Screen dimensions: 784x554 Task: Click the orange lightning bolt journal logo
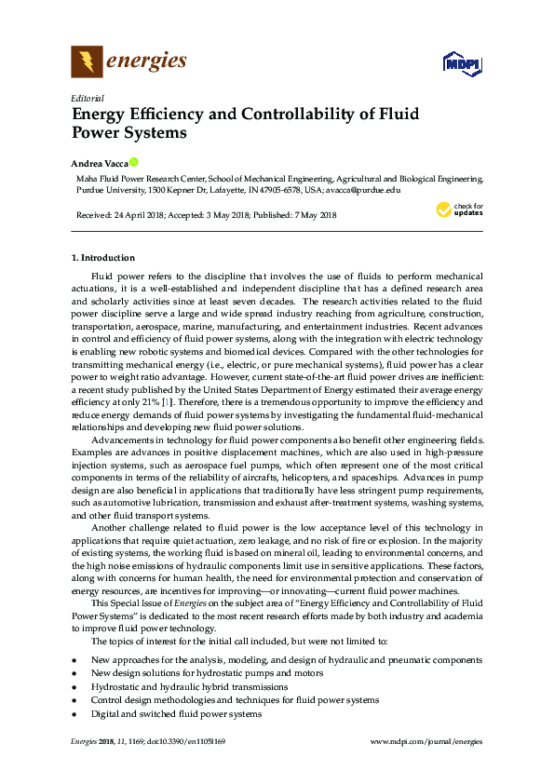click(x=87, y=62)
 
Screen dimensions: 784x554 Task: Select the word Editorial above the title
click(x=88, y=98)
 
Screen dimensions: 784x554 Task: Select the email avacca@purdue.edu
click(x=363, y=189)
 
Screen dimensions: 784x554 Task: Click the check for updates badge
click(x=459, y=210)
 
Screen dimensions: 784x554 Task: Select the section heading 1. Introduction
click(x=103, y=257)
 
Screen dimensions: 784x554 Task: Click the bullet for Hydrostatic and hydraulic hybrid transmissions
click(x=74, y=685)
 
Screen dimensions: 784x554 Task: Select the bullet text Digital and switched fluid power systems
click(x=176, y=713)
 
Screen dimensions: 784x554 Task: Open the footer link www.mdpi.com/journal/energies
click(x=426, y=741)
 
